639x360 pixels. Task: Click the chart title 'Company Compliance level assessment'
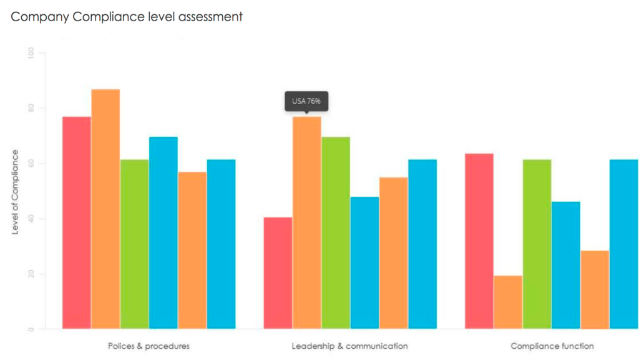tap(127, 17)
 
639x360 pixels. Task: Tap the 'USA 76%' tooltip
tap(306, 101)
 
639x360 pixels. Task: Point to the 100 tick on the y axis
tap(31, 53)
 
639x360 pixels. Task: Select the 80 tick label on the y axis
tap(31, 109)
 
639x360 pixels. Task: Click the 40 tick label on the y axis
tap(31, 219)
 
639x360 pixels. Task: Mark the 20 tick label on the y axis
tap(31, 274)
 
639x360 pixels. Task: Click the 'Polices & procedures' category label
tap(149, 346)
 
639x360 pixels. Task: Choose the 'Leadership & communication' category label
tap(349, 346)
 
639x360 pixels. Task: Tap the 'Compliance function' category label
tap(552, 346)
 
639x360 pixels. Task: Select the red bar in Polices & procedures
tap(76, 222)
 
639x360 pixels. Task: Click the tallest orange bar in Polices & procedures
tap(105, 208)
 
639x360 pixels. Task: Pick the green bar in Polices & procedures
tap(134, 244)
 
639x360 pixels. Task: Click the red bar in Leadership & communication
tap(278, 273)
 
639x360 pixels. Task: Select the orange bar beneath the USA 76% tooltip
tap(306, 222)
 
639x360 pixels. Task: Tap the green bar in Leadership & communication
tap(336, 233)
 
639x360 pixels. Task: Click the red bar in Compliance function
tap(479, 241)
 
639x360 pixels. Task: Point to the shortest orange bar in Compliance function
tap(508, 302)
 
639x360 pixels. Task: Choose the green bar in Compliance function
tap(537, 244)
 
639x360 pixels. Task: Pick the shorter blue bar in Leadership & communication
tap(364, 263)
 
